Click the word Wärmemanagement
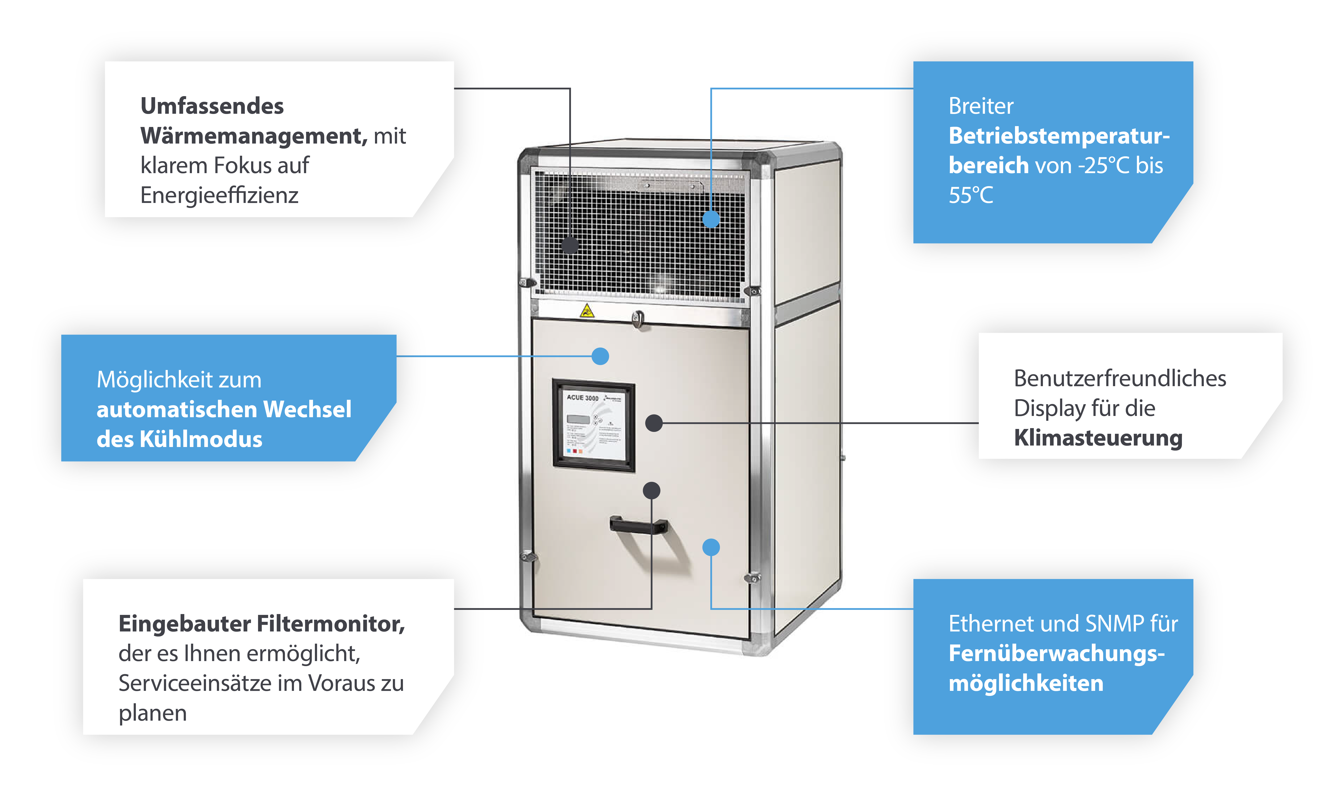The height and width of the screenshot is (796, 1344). coord(253,136)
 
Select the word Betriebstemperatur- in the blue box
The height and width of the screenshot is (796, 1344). coord(1059,136)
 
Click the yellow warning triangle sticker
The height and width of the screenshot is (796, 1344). coord(586,311)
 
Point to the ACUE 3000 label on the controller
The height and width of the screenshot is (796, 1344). coord(582,397)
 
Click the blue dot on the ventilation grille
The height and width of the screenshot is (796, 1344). coord(711,219)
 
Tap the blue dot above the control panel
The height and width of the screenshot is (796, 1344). coord(600,356)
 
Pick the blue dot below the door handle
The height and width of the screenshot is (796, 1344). coord(711,547)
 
